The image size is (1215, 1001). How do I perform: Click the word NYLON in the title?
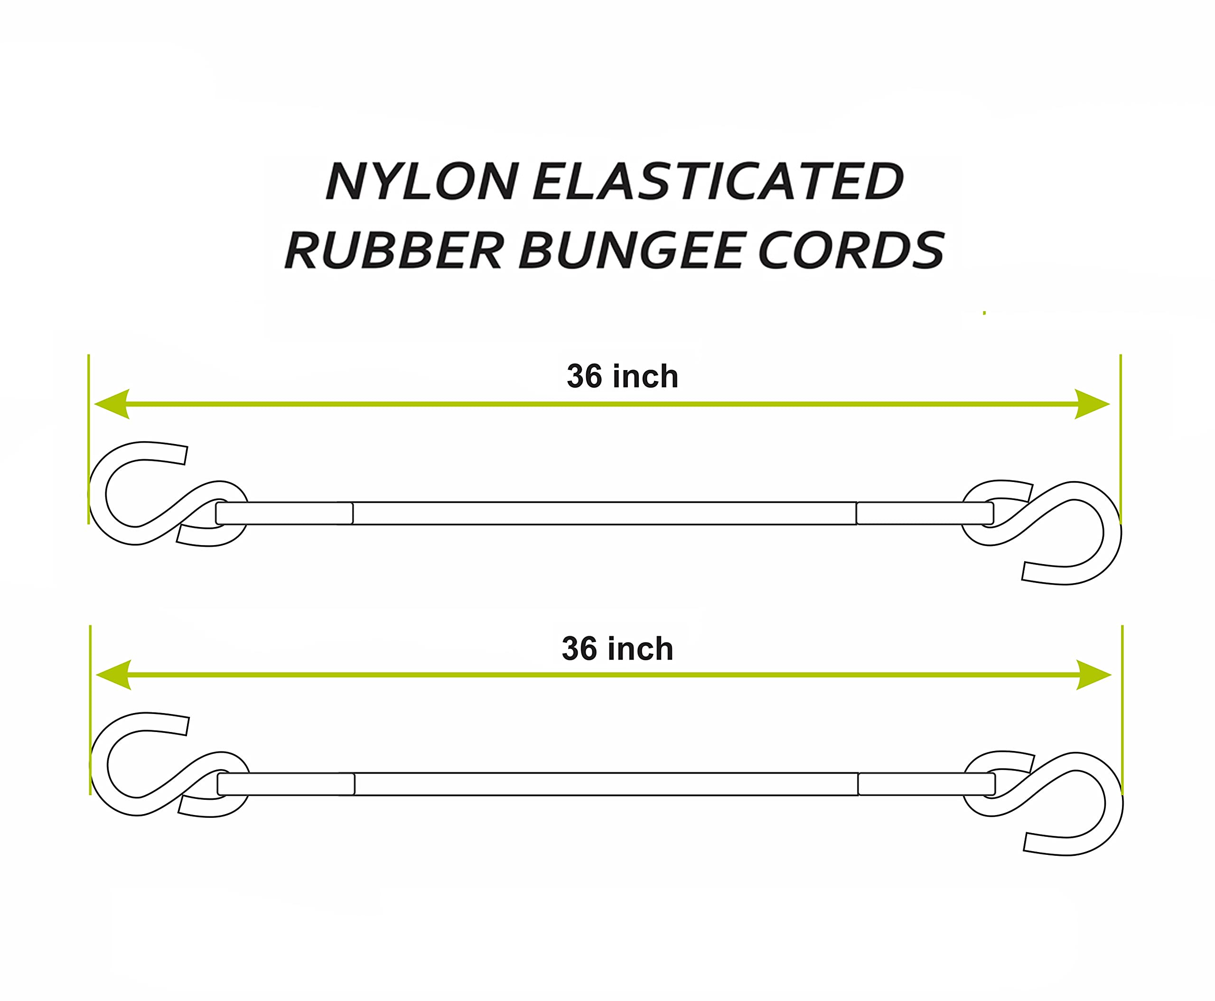coord(422,181)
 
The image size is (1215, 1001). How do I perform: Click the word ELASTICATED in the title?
coord(718,181)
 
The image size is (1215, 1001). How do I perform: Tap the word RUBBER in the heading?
coord(394,250)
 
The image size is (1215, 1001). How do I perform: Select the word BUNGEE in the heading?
coord(631,250)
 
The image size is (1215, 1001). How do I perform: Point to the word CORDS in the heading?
coord(851,250)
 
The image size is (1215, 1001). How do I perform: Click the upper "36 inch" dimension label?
coord(623,377)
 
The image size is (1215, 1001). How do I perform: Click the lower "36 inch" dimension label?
coord(617,649)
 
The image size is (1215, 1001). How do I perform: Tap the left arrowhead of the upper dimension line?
coord(112,404)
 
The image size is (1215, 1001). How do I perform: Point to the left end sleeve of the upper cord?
coord(284,513)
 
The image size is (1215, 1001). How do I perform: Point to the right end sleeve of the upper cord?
coord(925,513)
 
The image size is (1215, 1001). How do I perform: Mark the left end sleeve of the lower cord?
coord(286,784)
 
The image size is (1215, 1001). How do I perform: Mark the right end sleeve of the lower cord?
coord(926,784)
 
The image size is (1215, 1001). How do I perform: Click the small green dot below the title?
coord(984,313)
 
